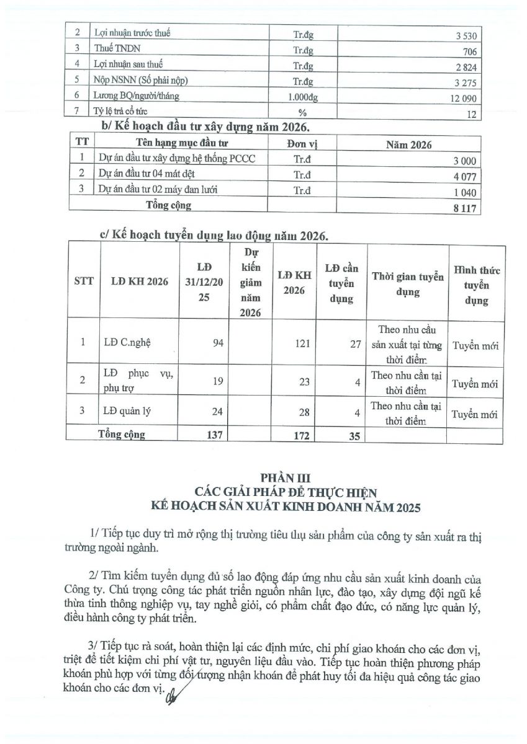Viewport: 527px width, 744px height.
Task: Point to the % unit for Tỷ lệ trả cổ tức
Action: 303,113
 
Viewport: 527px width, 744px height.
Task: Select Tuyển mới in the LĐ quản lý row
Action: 475,415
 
